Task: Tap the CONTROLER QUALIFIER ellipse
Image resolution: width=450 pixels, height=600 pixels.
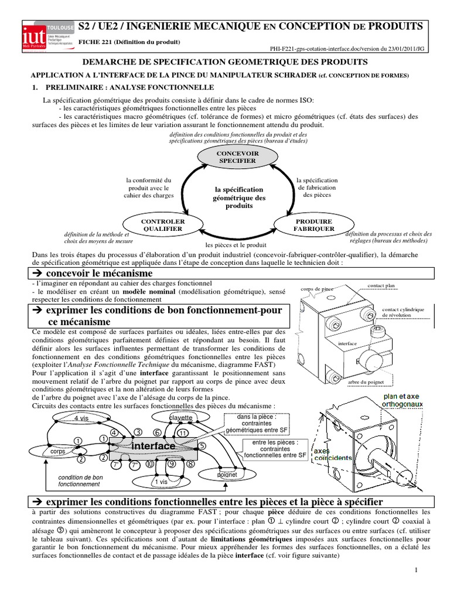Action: [x=154, y=225]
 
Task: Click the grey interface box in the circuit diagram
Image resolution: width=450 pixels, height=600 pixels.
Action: [x=154, y=446]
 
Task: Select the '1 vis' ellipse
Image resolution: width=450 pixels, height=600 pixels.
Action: [x=161, y=482]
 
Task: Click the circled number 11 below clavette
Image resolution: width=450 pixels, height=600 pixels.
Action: [x=182, y=432]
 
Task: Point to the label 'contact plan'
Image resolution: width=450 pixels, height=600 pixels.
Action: [x=381, y=285]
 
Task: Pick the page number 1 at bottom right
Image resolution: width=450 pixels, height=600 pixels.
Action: [x=415, y=570]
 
